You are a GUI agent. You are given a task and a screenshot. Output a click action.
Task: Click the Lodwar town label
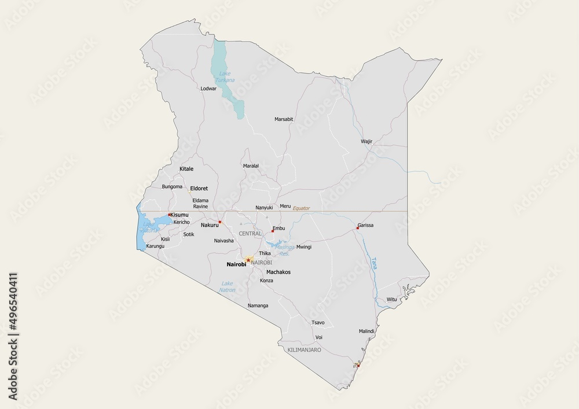tap(208, 89)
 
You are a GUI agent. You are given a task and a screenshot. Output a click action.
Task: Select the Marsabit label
tap(284, 119)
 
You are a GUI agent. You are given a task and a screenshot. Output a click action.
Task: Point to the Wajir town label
tap(366, 141)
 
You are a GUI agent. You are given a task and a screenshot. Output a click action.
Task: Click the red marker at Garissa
tap(358, 228)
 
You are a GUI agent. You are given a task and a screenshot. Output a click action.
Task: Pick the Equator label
tap(301, 208)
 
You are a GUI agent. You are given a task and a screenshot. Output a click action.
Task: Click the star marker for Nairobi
tap(248, 260)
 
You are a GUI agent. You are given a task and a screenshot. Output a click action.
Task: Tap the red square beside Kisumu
tap(169, 215)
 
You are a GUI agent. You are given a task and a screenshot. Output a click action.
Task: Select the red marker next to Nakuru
tap(220, 222)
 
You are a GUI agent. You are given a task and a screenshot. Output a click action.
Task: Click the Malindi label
tap(367, 331)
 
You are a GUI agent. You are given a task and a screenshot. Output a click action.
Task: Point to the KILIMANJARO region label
tap(304, 351)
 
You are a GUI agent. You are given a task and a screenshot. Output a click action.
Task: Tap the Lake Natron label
tap(228, 286)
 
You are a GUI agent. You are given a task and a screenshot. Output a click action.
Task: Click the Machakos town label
tap(278, 271)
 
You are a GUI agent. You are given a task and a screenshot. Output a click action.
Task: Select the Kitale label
tap(186, 169)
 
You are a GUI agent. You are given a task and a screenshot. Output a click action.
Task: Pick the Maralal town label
tap(251, 165)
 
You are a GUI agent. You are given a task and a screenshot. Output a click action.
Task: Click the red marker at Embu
tap(273, 231)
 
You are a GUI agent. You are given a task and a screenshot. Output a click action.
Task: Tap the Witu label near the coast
tap(392, 299)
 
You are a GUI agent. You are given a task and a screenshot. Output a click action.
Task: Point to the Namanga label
tap(258, 305)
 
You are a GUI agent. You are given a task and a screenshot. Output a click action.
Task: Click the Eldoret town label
tap(199, 189)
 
